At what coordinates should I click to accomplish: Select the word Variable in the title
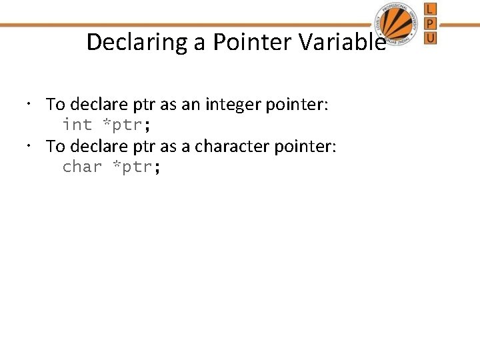point(343,42)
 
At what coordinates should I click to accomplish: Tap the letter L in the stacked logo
point(431,9)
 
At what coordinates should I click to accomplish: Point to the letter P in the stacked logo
point(431,23)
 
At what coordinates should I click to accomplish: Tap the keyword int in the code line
point(77,125)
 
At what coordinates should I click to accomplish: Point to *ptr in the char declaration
point(133,167)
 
